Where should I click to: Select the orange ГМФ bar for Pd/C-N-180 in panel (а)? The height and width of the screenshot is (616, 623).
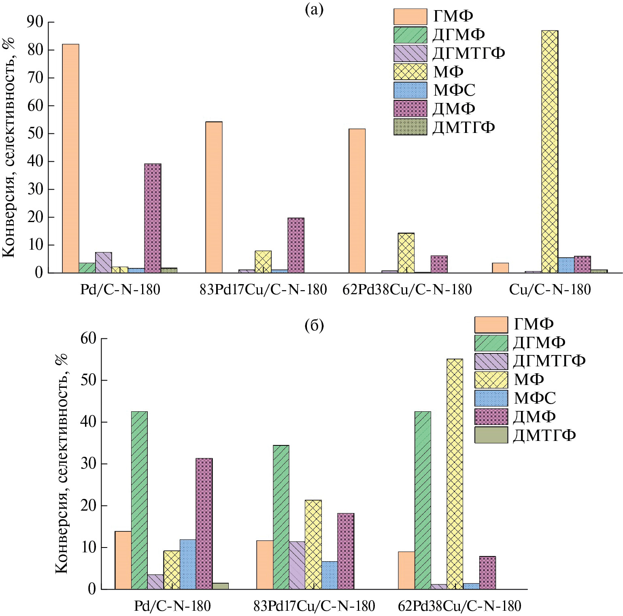point(70,158)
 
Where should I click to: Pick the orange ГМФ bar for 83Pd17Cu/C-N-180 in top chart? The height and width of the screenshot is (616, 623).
point(214,197)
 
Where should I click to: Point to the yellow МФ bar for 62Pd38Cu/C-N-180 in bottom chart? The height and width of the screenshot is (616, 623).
point(455,474)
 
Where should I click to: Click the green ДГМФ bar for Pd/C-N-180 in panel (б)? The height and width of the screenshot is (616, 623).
point(139,500)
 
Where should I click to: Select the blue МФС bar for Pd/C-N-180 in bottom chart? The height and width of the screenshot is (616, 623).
point(188,564)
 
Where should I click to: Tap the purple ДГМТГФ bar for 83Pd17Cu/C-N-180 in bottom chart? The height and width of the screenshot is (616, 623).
point(297,565)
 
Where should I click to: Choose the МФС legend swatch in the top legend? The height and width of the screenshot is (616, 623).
point(410,90)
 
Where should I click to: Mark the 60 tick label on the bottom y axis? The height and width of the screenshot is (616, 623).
point(88,338)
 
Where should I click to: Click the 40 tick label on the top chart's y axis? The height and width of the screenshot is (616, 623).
point(35,161)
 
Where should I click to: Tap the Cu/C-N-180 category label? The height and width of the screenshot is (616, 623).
point(550,289)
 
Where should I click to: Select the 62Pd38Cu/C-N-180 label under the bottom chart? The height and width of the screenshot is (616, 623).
point(459,606)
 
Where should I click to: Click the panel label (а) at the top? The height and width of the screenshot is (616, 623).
point(314,10)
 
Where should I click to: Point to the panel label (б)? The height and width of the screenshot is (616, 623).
point(314,325)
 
